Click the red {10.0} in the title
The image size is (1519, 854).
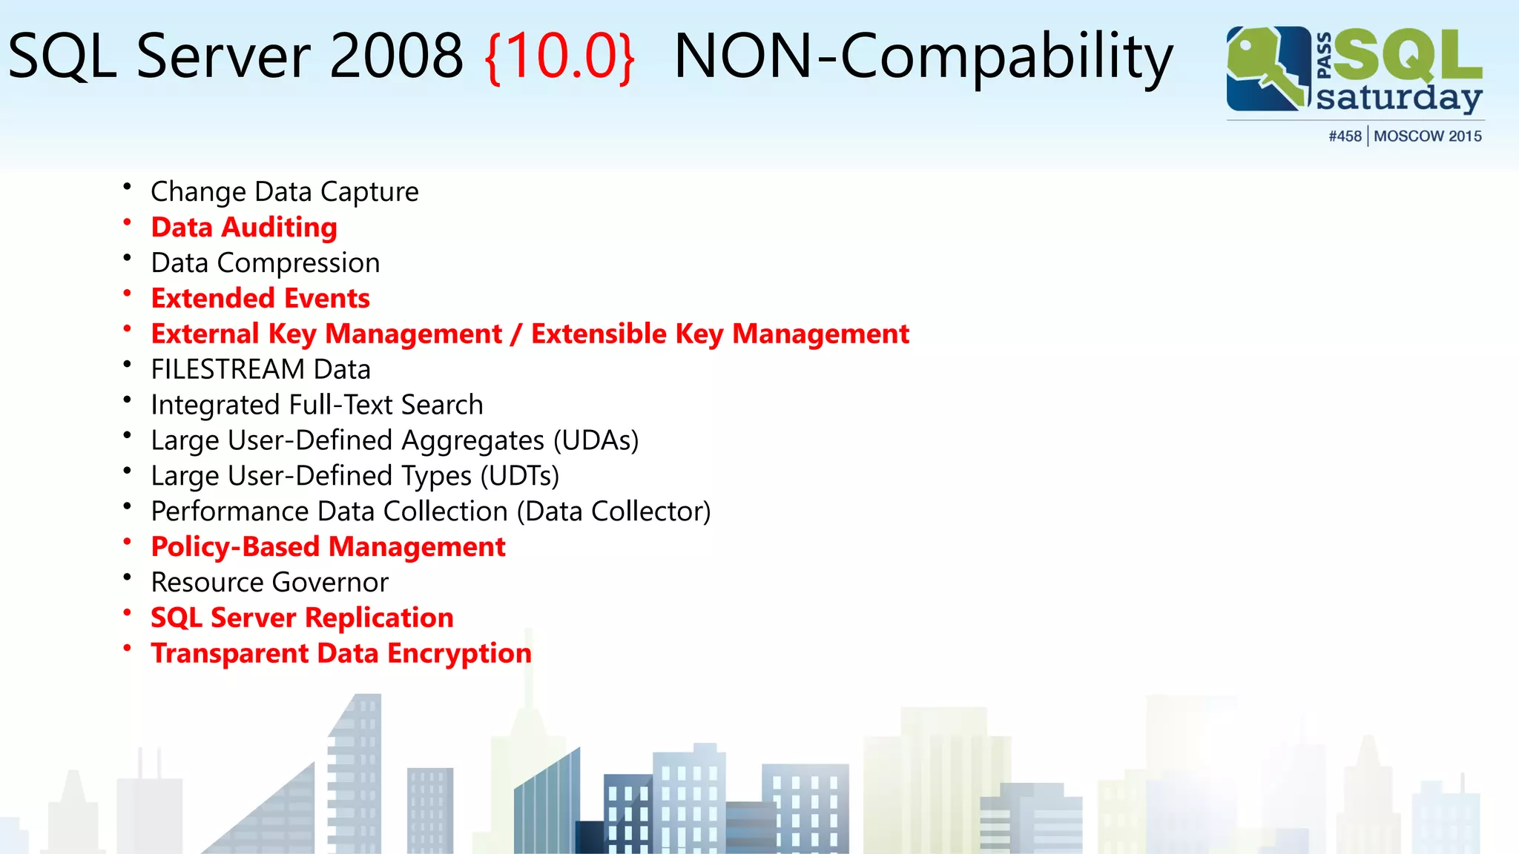pyautogui.click(x=560, y=56)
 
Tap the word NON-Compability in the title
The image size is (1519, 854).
pyautogui.click(x=923, y=56)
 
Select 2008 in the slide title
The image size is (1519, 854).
pyautogui.click(x=396, y=56)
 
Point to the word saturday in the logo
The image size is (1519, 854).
pyautogui.click(x=1399, y=98)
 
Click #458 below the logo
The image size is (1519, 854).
pyautogui.click(x=1345, y=136)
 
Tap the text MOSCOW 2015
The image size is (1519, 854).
pyautogui.click(x=1428, y=136)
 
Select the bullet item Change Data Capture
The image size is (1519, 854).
pyautogui.click(x=285, y=192)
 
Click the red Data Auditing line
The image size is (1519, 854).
pyautogui.click(x=244, y=228)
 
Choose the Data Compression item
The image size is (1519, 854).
pyautogui.click(x=266, y=263)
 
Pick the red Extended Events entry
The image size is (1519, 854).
pyautogui.click(x=260, y=298)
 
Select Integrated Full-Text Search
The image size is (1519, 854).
pyautogui.click(x=317, y=405)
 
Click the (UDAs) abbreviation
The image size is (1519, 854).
pyautogui.click(x=596, y=440)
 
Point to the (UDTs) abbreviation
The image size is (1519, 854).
pyautogui.click(x=519, y=476)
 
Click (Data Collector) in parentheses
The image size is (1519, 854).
pyautogui.click(x=613, y=512)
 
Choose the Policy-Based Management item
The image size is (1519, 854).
pyautogui.click(x=328, y=547)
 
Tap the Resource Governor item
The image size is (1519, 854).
pyautogui.click(x=269, y=583)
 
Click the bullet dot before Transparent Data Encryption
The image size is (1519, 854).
pyautogui.click(x=128, y=648)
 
